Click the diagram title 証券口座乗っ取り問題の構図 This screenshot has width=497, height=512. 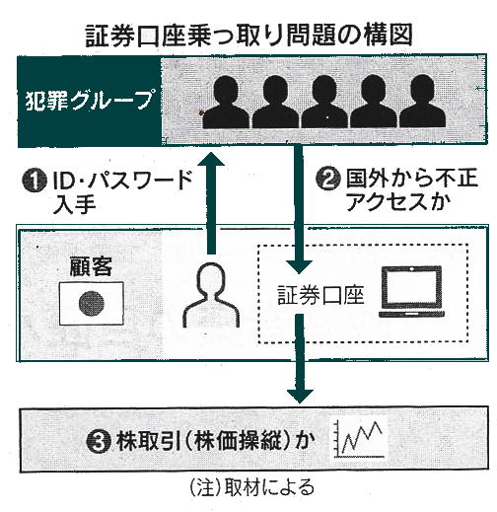click(248, 36)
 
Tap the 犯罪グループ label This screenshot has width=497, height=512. click(89, 101)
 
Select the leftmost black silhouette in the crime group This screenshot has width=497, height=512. click(226, 102)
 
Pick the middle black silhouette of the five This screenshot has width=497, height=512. click(324, 102)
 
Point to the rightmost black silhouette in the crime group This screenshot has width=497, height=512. click(423, 102)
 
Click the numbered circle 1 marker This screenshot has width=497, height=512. click(34, 181)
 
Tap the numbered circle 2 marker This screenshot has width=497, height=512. click(327, 180)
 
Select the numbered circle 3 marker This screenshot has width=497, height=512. click(99, 442)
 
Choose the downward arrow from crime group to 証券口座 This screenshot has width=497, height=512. click(299, 209)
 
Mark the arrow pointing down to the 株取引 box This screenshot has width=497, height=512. click(300, 358)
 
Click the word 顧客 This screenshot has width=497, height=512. click(91, 266)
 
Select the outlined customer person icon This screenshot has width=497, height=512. click(211, 296)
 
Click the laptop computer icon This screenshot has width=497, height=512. click(411, 292)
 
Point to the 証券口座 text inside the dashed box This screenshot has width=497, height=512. click(320, 295)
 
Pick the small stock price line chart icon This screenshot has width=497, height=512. click(359, 439)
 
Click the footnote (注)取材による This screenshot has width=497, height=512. click(252, 488)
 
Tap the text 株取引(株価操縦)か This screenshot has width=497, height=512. click(213, 441)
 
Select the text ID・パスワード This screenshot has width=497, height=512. click(122, 181)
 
